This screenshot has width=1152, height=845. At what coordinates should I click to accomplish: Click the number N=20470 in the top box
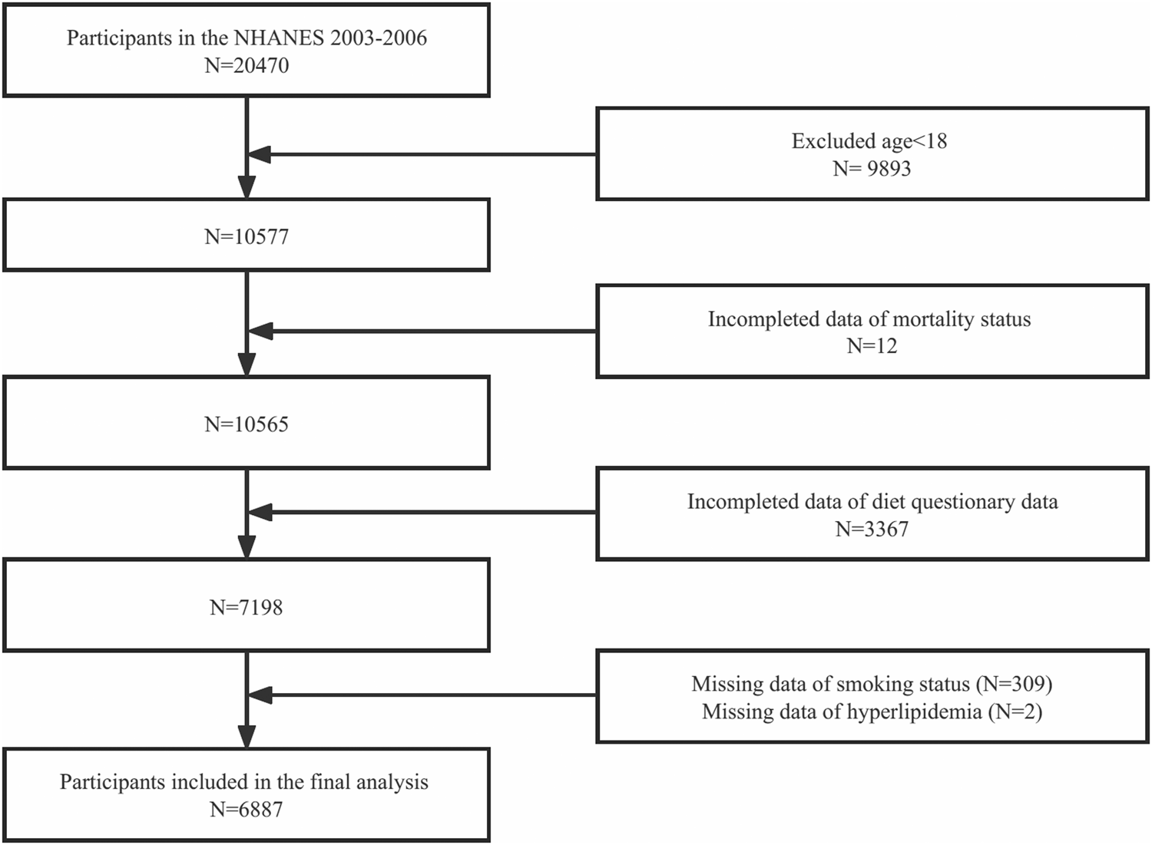[x=247, y=66]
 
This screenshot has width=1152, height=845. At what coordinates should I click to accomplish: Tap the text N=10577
[x=247, y=236]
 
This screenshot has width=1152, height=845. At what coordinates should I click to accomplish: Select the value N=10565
[x=247, y=424]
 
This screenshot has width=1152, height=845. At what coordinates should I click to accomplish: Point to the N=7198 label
[x=247, y=608]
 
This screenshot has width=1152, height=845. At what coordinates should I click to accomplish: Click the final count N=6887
[x=247, y=810]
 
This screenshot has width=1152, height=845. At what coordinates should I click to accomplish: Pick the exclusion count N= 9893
[x=872, y=169]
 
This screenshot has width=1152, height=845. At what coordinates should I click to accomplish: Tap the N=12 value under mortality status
[x=872, y=346]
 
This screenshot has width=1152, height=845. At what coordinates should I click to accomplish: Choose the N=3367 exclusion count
[x=872, y=530]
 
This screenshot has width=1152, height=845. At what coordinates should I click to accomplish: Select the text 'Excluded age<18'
[x=869, y=141]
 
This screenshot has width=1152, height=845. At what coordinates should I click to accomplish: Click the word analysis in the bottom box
[x=392, y=782]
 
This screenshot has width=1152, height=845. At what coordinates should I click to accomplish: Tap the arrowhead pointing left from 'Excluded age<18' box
[x=260, y=154]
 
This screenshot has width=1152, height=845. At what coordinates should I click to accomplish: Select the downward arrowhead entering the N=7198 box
[x=247, y=546]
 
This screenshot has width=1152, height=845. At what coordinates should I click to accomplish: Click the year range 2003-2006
[x=379, y=38]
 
